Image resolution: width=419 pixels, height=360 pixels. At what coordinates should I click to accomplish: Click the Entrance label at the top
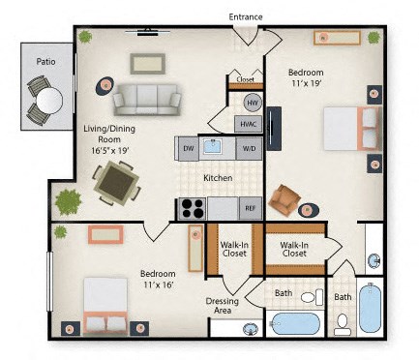pyautogui.click(x=247, y=16)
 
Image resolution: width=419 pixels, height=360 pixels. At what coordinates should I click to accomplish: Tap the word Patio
pyautogui.click(x=45, y=61)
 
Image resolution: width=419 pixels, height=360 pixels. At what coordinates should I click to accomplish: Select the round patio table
pyautogui.click(x=46, y=99)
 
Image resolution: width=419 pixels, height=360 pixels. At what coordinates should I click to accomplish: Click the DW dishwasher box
pyautogui.click(x=188, y=148)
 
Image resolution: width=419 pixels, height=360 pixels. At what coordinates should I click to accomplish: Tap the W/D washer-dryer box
pyautogui.click(x=248, y=148)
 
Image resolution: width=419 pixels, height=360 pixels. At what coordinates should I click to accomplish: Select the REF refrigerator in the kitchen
pyautogui.click(x=250, y=208)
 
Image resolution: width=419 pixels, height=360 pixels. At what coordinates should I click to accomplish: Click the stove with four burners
pyautogui.click(x=192, y=208)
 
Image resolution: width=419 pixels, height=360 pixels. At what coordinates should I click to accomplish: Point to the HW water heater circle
pyautogui.click(x=253, y=103)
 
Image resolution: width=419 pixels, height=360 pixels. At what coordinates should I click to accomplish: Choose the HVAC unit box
pyautogui.click(x=248, y=124)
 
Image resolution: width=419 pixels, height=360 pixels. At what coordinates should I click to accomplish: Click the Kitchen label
pyautogui.click(x=217, y=179)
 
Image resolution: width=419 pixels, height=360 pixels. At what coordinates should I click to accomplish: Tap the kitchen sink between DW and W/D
pyautogui.click(x=218, y=148)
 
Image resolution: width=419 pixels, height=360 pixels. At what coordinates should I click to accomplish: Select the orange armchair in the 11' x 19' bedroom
pyautogui.click(x=285, y=200)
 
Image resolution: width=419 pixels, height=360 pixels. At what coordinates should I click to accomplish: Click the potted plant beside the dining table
pyautogui.click(x=69, y=201)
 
